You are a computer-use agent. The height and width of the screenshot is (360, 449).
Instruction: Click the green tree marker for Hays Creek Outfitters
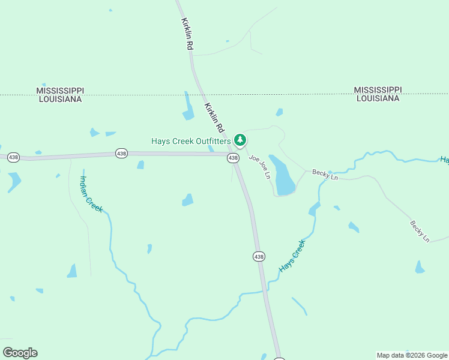pyautogui.click(x=240, y=140)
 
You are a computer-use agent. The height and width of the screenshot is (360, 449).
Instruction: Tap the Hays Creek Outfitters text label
pyautogui.click(x=191, y=142)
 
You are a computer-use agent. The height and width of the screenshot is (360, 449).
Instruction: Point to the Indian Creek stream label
pyautogui.click(x=92, y=193)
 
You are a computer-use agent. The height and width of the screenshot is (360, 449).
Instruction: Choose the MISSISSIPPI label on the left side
pyautogui.click(x=60, y=90)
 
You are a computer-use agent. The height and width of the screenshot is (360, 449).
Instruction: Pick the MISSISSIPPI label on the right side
pyautogui.click(x=377, y=89)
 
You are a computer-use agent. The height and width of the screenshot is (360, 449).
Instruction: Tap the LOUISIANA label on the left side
pyautogui.click(x=60, y=99)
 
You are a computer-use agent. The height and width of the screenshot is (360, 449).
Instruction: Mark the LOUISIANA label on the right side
pyautogui.click(x=377, y=98)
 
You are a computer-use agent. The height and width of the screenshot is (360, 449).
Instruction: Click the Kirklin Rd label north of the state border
pyautogui.click(x=187, y=34)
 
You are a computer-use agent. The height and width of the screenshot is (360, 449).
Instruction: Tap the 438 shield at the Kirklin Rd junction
pyautogui.click(x=233, y=158)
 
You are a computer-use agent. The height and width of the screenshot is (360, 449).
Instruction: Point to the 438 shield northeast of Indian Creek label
pyautogui.click(x=122, y=154)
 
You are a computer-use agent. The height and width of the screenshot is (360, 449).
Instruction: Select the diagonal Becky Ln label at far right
pyautogui.click(x=420, y=231)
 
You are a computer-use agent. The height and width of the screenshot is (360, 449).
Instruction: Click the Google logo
pyautogui.click(x=20, y=353)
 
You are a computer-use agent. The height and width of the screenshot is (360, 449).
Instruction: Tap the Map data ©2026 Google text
pyautogui.click(x=412, y=355)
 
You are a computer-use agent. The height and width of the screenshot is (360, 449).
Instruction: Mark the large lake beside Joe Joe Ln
pyautogui.click(x=282, y=175)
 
